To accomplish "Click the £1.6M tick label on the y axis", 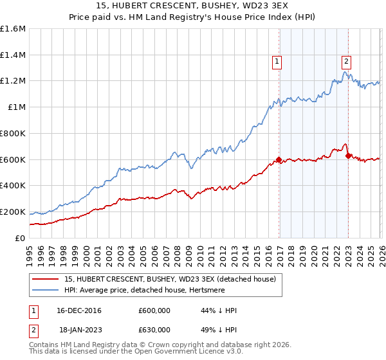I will (13, 29).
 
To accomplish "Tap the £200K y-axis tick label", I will (13, 212).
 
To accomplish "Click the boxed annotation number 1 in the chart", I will (276, 62).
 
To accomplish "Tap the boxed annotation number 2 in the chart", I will (346, 62).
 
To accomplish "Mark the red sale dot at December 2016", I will (279, 159).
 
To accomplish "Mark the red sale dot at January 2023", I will (348, 155).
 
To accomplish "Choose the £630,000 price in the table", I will (154, 329).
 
